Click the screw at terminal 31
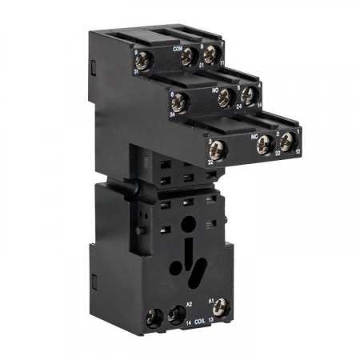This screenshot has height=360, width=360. point(143,60)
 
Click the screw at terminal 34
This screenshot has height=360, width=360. point(178,102)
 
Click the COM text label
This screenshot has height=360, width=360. point(178,48)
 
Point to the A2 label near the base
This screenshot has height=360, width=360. point(190,305)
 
